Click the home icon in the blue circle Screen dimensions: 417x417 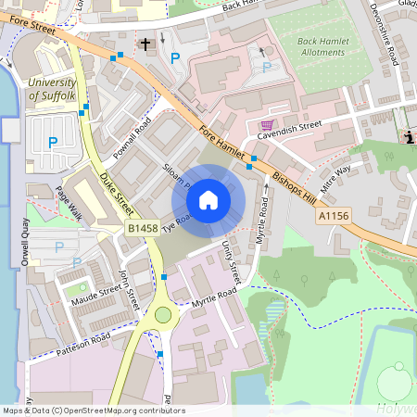[208, 199]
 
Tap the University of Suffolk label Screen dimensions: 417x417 [52, 89]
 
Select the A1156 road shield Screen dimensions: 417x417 [335, 216]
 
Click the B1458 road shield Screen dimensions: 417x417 [142, 227]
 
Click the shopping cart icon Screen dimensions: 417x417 [268, 124]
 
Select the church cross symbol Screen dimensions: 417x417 [145, 44]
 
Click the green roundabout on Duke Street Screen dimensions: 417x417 [163, 315]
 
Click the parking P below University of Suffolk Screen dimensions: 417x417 [53, 142]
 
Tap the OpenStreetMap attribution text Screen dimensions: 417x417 [94, 411]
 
